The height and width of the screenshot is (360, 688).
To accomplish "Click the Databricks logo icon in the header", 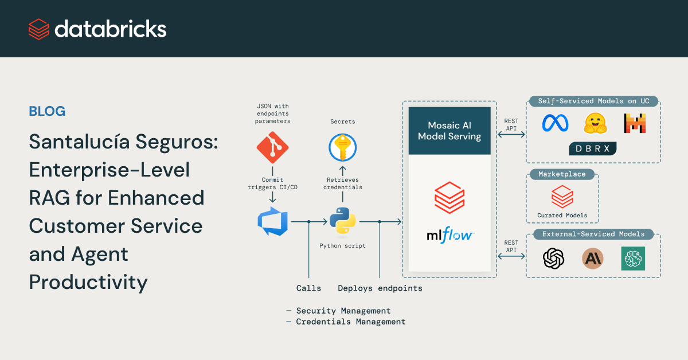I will [38, 29].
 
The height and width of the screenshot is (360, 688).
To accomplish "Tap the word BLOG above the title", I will [47, 111].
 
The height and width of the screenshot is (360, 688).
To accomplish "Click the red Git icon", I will [272, 148].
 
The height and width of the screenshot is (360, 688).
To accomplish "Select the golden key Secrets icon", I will [343, 148].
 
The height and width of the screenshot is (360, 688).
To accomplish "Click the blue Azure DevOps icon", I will [272, 221].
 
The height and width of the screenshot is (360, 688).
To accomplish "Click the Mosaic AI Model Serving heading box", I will [449, 131].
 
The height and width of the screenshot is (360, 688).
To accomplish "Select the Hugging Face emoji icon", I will [596, 123].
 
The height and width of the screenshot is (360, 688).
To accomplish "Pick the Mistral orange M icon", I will [635, 123].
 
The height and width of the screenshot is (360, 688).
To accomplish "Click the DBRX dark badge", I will [593, 148].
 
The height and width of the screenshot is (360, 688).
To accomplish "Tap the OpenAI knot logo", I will [553, 259].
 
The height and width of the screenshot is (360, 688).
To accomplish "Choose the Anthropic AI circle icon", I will [593, 259].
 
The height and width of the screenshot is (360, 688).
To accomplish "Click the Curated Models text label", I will [562, 216].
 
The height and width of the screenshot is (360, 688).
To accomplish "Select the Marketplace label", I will [562, 174].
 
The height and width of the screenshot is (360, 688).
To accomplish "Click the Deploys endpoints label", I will [380, 288].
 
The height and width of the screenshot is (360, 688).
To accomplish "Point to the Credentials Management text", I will [350, 322].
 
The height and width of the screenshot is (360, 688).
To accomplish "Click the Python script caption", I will [342, 245].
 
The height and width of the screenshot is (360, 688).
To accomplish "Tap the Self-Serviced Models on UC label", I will [593, 101].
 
